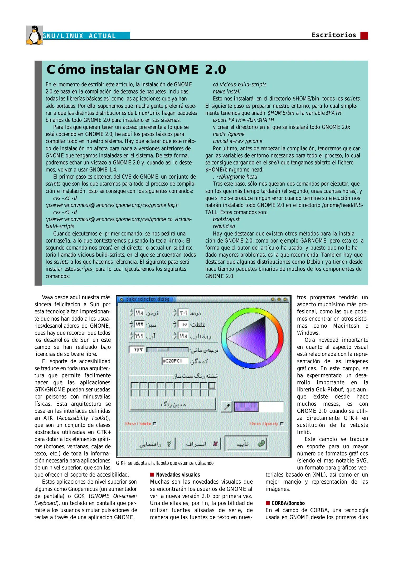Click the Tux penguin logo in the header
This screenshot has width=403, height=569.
tap(34, 35)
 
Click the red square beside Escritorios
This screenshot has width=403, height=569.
tap(364, 36)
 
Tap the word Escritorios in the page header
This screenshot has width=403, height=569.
tap(334, 35)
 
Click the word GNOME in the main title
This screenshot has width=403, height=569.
tap(171, 70)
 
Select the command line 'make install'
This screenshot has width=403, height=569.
tap(226, 92)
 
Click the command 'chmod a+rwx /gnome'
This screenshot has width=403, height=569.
tap(237, 141)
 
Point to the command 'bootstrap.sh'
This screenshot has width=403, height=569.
tap(226, 219)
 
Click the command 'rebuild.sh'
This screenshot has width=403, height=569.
tap(224, 226)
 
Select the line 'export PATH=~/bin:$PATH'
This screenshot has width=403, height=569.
tap(243, 120)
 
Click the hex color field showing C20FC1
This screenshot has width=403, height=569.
tap(175, 361)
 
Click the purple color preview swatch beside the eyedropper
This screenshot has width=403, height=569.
tap(246, 407)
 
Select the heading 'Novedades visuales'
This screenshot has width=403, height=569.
tap(178, 475)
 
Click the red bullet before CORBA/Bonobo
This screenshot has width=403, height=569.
tap(268, 503)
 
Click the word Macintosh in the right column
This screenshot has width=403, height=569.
tap(346, 326)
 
